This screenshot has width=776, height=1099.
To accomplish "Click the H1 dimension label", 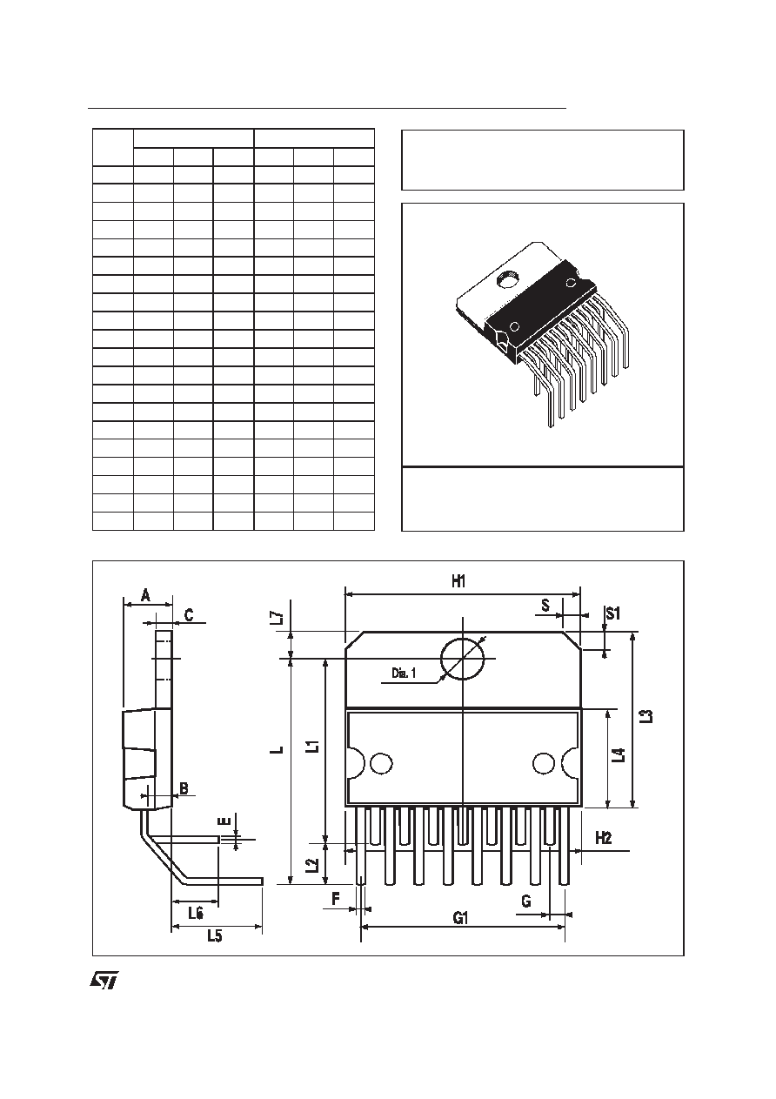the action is (x=458, y=582).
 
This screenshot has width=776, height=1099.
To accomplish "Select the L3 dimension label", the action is (x=648, y=716).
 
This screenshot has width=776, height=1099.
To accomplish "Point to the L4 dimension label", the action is (x=620, y=754).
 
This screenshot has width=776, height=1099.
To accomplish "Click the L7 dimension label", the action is (x=278, y=617).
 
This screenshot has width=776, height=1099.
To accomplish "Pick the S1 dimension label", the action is (x=613, y=613).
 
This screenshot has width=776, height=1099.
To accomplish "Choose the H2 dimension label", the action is (x=604, y=838).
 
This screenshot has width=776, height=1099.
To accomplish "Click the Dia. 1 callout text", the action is (x=403, y=673).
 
